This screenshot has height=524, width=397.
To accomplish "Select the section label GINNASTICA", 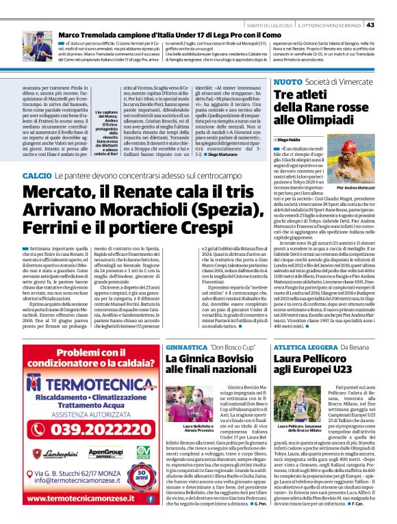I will click(185, 348).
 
